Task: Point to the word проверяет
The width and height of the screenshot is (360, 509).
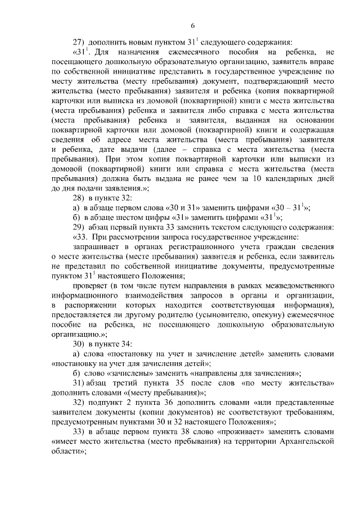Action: coord(93,288)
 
